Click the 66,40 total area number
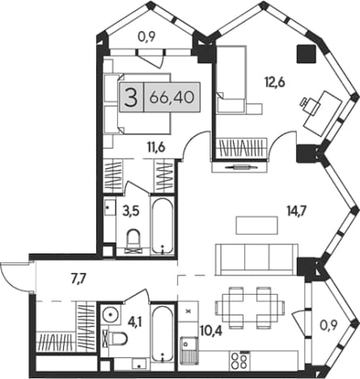point(172,97)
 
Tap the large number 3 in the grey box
point(132,97)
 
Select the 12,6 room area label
point(275,82)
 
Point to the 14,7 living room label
point(296,209)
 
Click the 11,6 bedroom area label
point(156,147)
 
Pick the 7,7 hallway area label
point(78,279)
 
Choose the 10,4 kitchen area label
point(211,330)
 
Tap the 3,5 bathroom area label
point(130,211)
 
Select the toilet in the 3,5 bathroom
point(133,241)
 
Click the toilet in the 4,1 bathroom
point(115,339)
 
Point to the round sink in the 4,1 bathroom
point(110,314)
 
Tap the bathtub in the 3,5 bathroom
point(162,226)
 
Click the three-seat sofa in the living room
point(256,259)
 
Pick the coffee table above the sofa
point(257,225)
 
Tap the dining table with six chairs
point(250,308)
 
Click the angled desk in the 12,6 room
point(323,113)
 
